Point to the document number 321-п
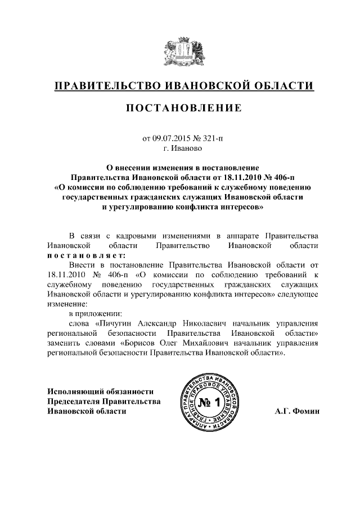pyautogui.click(x=213, y=138)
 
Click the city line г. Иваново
pyautogui.click(x=180, y=149)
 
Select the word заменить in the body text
pyautogui.click(x=66, y=344)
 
